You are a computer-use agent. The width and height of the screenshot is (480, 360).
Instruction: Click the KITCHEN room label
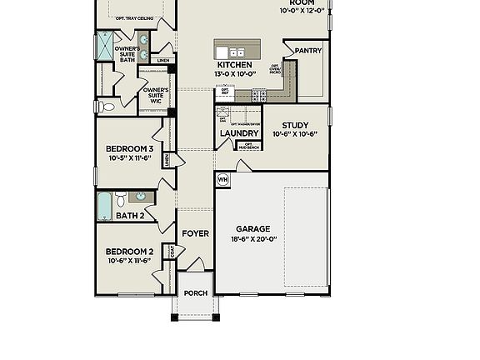(x=234, y=65)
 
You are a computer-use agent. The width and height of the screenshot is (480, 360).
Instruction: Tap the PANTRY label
(x=308, y=51)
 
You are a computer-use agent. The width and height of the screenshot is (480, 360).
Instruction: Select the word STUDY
(x=294, y=125)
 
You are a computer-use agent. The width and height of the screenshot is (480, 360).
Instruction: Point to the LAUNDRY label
(x=239, y=133)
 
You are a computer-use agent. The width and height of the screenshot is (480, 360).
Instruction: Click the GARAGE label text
(x=252, y=228)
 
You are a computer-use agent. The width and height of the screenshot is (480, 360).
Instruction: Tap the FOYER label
(x=195, y=234)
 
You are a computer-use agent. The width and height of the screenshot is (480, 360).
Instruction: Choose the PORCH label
(x=196, y=293)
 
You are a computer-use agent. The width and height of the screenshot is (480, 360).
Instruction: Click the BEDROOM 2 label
(x=129, y=251)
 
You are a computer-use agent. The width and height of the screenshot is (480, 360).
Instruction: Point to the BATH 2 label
(x=130, y=216)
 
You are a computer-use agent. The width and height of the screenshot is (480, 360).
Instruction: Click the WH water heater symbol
(x=222, y=178)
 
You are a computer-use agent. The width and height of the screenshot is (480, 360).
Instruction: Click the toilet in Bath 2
(x=121, y=198)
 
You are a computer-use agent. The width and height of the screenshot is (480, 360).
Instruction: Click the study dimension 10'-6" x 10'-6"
(x=295, y=134)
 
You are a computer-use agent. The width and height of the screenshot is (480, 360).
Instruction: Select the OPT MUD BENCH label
(x=247, y=145)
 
